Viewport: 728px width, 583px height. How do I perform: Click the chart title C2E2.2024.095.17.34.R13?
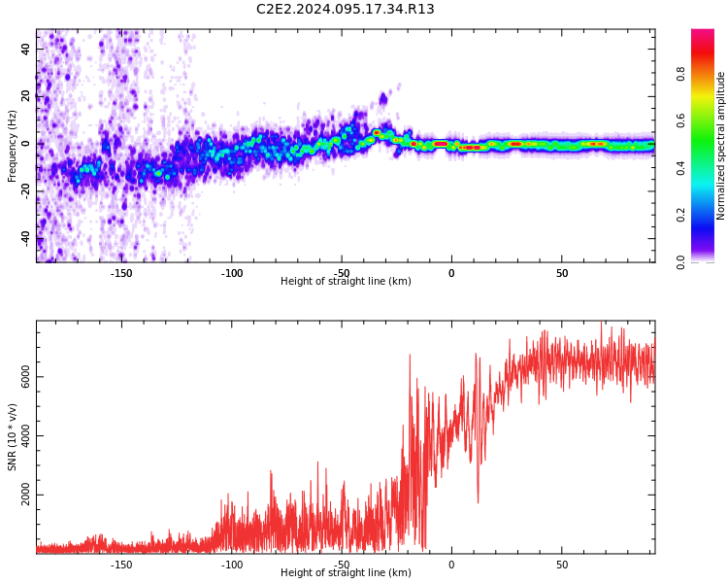346,10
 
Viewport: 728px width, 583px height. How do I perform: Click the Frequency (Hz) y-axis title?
13,146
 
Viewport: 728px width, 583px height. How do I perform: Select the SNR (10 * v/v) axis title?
13,437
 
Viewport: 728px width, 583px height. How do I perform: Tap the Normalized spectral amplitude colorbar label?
721,146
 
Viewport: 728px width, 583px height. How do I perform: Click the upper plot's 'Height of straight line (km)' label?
346,282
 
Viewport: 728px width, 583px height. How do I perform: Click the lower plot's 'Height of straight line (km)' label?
346,573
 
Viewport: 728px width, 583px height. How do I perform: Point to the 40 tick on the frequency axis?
26,50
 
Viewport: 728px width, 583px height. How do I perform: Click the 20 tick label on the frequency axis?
26,96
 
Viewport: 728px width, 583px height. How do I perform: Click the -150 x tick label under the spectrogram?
121,273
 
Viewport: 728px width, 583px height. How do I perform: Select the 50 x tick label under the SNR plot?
562,564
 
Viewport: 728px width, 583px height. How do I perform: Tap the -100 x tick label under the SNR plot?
232,564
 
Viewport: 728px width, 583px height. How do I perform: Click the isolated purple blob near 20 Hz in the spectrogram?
383,98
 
